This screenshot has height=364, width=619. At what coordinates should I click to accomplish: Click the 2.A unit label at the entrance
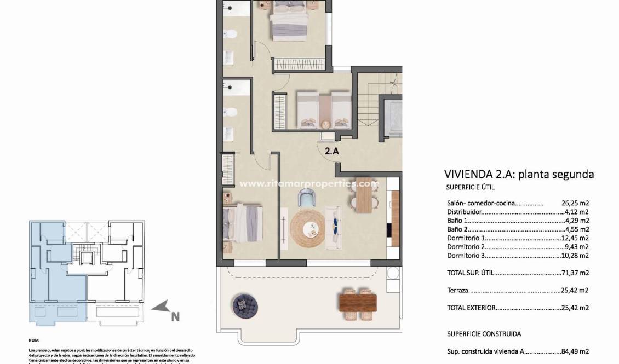pos(332,152)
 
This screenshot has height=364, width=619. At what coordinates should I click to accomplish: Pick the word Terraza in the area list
pos(459,290)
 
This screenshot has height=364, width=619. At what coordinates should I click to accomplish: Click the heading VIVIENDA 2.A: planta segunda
pos(519,175)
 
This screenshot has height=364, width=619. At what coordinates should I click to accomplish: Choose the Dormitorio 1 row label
pos(466,238)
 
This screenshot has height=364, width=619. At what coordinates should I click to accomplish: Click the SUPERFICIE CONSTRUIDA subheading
pos(484,333)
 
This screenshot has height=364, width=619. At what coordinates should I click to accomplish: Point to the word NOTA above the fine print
pos(34,340)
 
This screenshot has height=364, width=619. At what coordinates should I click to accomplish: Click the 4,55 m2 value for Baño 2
pos(578,229)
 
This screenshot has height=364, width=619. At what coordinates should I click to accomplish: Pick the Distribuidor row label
pos(465,212)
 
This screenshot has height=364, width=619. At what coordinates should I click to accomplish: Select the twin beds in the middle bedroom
pos(324,109)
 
